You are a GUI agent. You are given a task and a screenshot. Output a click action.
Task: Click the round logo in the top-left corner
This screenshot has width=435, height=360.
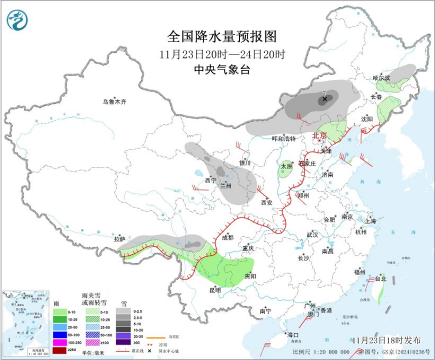point(17,20)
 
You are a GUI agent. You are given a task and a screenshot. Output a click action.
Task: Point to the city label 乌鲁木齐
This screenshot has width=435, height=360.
point(115,102)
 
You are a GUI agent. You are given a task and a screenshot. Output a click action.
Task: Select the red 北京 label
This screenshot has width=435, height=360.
point(319,135)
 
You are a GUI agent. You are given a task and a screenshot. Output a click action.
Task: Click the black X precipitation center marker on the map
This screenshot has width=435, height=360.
point(324,99)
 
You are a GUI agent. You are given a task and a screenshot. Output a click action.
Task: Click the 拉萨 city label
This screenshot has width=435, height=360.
point(119,239)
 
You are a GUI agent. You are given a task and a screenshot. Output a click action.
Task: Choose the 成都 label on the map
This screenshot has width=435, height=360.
point(227,237)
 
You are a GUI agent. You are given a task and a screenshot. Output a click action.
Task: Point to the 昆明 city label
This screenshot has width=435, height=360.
point(215,289)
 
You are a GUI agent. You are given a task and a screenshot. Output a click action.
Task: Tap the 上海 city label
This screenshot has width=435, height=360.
point(370,220)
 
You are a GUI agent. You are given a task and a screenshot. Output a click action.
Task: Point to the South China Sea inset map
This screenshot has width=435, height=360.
point(24,320)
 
